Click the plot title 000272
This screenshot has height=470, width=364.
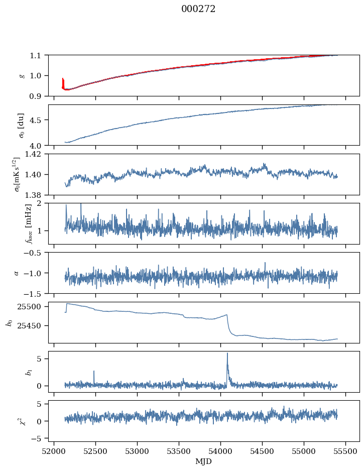(x=198, y=9)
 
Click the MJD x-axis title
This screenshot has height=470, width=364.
(x=204, y=461)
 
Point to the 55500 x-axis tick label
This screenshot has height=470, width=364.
(x=345, y=451)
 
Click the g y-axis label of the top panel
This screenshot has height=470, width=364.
(x=22, y=75)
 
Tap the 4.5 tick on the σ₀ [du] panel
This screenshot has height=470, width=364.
(x=39, y=120)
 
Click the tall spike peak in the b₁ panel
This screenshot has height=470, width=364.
(x=227, y=353)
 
